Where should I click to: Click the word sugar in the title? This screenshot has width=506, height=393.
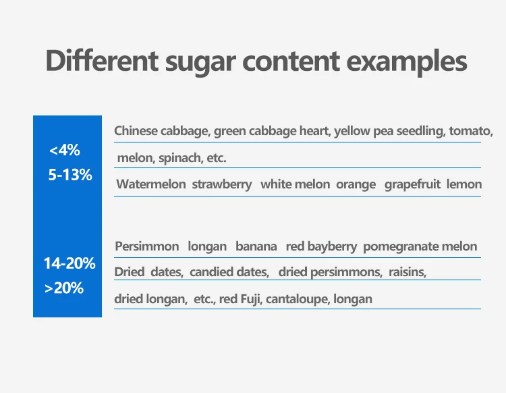200,63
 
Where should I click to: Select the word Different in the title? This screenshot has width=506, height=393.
102,60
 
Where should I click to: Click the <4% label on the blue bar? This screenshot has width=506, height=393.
65,150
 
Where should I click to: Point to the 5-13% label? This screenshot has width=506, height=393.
70,175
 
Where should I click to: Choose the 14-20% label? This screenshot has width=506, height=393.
69,263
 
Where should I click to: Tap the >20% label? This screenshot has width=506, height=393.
64,288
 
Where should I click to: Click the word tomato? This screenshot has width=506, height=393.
471,131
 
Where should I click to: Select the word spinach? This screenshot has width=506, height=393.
181,158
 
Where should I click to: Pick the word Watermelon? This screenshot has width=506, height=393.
151,184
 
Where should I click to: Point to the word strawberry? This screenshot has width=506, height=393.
222,185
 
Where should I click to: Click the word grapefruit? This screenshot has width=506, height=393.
412,185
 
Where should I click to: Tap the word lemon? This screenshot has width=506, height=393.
464,184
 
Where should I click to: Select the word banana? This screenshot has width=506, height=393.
256,246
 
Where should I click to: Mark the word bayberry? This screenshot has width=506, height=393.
333,247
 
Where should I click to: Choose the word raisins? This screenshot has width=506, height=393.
407,272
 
